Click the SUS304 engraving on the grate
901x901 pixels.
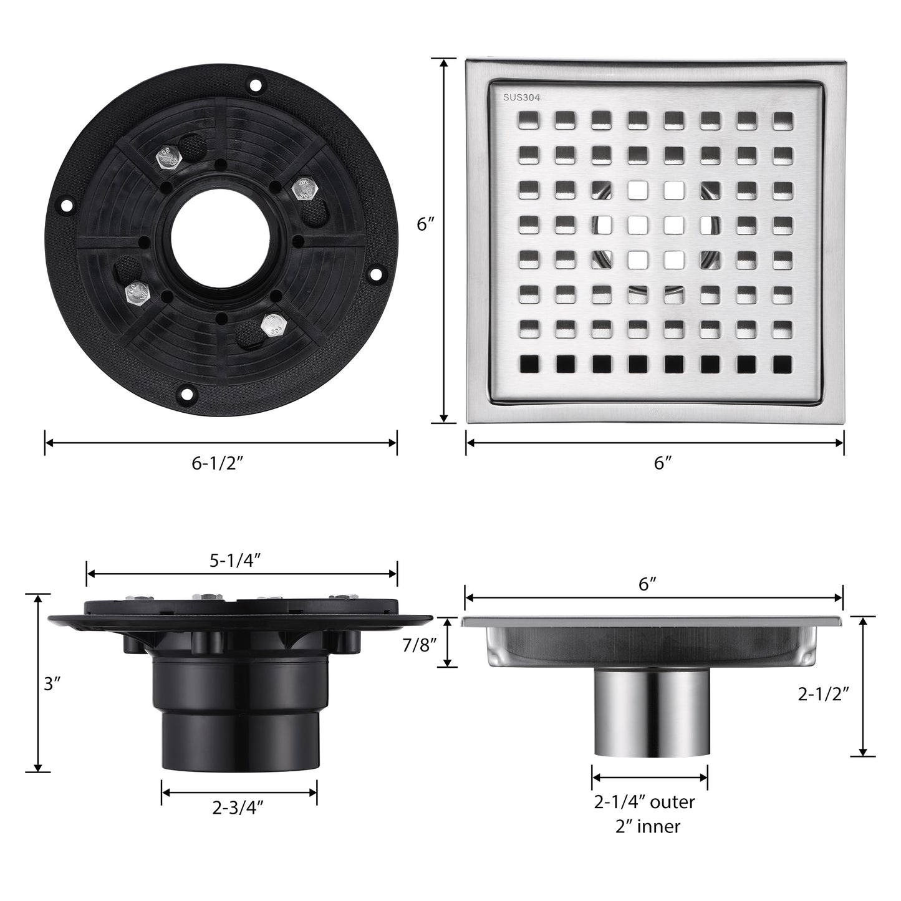tap(521, 98)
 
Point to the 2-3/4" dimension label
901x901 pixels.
tap(238, 807)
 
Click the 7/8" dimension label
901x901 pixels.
tap(420, 646)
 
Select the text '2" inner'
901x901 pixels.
tap(648, 827)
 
